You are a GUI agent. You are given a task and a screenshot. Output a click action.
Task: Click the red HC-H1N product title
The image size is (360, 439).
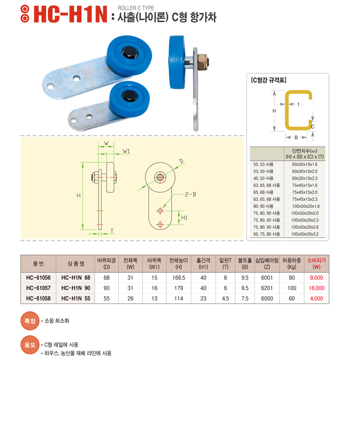(x=70, y=14)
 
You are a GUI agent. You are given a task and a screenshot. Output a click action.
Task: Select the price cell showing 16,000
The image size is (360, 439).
(x=317, y=288)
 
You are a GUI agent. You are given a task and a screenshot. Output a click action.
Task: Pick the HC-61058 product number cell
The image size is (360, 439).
(x=38, y=298)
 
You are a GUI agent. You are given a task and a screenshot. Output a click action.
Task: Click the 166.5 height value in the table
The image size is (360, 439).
(x=179, y=278)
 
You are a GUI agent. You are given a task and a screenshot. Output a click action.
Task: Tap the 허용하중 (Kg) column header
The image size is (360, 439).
(x=291, y=264)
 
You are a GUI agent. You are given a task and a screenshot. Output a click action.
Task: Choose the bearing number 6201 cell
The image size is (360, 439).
(x=267, y=288)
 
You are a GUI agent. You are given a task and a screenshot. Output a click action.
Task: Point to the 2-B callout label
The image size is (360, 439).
(x=190, y=194)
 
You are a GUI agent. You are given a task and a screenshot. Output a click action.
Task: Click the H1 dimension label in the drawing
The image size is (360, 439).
(x=184, y=218)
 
